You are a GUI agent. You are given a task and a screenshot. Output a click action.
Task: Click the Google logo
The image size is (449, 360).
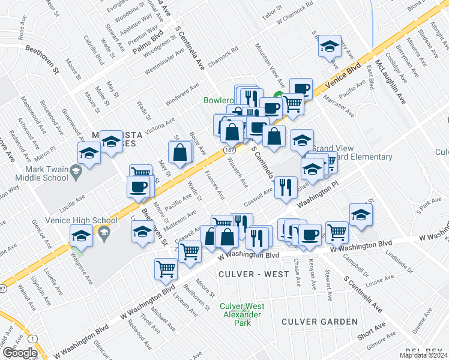(x=19, y=353)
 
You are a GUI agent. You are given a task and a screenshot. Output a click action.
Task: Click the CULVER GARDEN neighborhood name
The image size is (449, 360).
(x=321, y=322)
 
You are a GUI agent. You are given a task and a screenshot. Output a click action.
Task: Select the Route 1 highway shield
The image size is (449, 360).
(x=31, y=339)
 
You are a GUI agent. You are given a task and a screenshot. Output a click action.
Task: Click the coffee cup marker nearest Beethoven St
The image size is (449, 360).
(x=138, y=186)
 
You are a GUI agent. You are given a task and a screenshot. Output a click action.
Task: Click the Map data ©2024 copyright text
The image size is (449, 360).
(x=423, y=355)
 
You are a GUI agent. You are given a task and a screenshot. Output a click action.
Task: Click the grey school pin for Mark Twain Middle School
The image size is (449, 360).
(x=76, y=173)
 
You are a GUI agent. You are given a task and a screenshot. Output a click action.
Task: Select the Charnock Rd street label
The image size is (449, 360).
(x=223, y=58)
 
